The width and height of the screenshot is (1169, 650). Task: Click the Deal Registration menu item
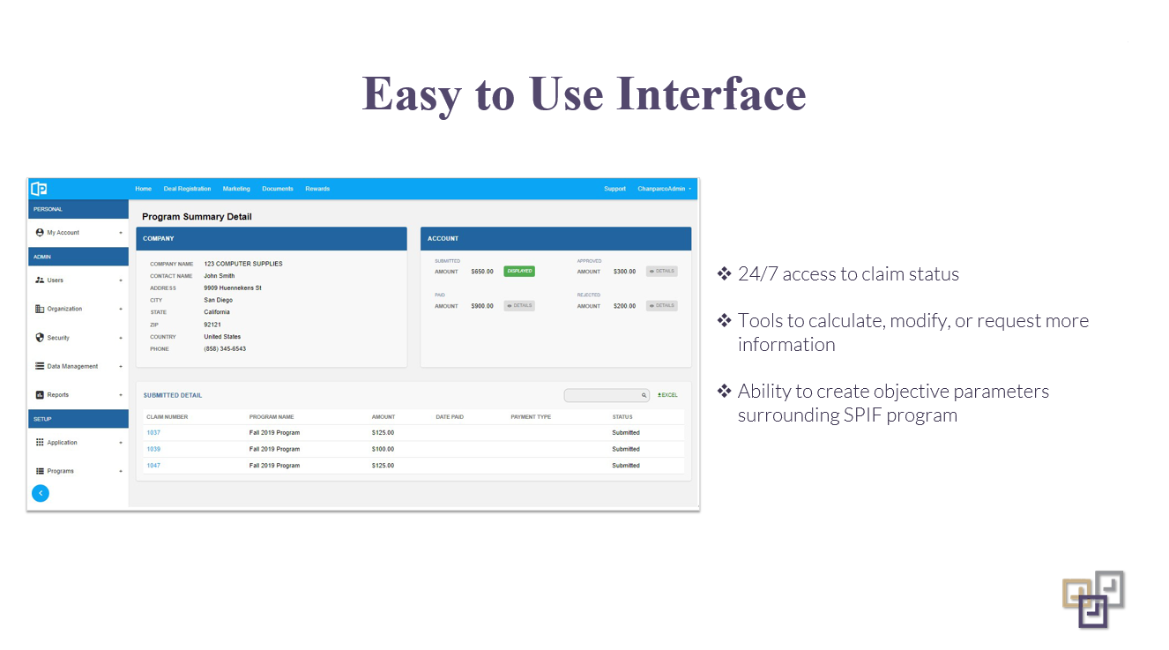point(187,189)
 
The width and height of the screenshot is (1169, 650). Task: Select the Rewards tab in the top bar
point(317,189)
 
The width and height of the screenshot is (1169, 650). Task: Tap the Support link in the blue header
point(614,189)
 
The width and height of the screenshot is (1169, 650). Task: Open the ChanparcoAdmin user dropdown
point(664,189)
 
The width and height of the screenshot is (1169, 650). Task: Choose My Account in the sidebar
point(63,233)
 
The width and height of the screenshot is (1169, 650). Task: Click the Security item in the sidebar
point(58,338)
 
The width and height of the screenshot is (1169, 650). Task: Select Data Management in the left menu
point(72,366)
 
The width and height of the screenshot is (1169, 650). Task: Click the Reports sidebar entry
point(57,395)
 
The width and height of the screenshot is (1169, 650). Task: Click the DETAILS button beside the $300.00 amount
point(661,272)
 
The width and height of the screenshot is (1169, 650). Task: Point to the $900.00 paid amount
point(482,306)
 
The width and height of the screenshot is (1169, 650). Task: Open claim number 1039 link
point(153,449)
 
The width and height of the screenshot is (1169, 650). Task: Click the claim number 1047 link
point(153,465)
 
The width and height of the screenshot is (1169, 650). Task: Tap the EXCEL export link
point(667,395)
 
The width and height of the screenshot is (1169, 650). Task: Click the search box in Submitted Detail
point(603,395)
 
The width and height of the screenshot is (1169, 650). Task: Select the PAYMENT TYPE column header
point(531,417)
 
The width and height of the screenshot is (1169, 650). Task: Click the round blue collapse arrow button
point(41,493)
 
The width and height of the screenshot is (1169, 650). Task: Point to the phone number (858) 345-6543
point(225,349)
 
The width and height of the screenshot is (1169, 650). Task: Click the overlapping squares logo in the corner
point(1093,599)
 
